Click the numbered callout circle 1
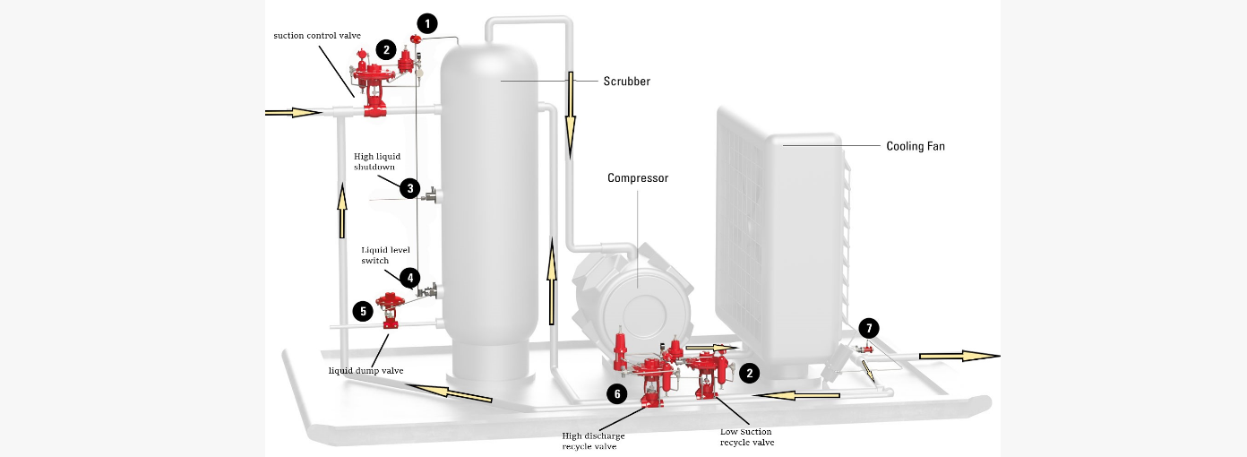pyautogui.click(x=428, y=22)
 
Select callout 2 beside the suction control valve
pyautogui.click(x=385, y=50)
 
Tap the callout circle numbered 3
pyautogui.click(x=409, y=188)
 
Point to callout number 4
pyautogui.click(x=408, y=278)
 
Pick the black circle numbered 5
pyautogui.click(x=363, y=311)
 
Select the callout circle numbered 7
pyautogui.click(x=868, y=328)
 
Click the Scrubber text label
pyautogui.click(x=626, y=82)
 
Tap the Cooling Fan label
pyautogui.click(x=915, y=146)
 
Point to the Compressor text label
pyautogui.click(x=638, y=178)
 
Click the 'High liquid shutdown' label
pyautogui.click(x=377, y=161)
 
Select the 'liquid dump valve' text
pyautogui.click(x=365, y=370)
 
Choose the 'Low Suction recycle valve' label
pyautogui.click(x=747, y=437)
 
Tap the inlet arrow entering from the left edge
pyautogui.click(x=293, y=113)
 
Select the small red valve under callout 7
pyautogui.click(x=865, y=349)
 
